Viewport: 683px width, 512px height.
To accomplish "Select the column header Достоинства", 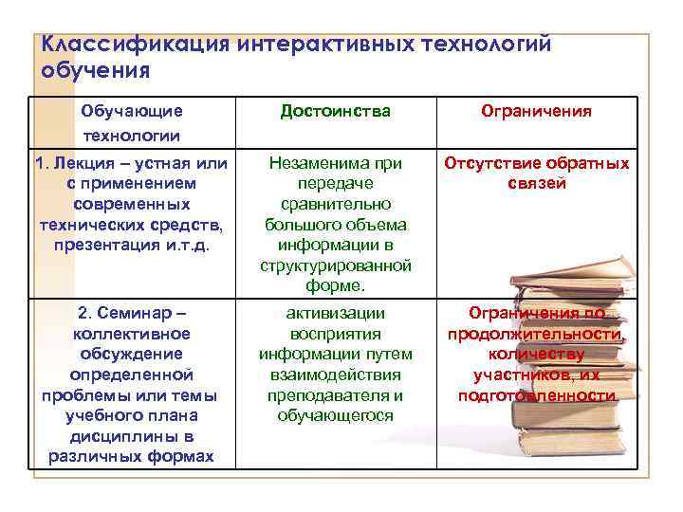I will pos(336,112).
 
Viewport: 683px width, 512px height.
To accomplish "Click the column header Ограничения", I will pos(536,112).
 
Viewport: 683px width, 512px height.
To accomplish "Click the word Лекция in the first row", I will pos(85,163).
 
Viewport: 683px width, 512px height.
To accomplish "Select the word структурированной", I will pos(336,265).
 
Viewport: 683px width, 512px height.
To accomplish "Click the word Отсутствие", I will pos(499,163).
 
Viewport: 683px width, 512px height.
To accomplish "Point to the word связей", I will pos(536,183).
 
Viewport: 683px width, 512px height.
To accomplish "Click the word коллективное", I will pos(131,334).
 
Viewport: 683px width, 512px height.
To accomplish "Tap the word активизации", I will pos(336,313).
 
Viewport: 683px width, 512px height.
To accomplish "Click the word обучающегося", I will pos(336,415).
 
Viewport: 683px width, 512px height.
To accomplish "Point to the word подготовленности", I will pos(536,395).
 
